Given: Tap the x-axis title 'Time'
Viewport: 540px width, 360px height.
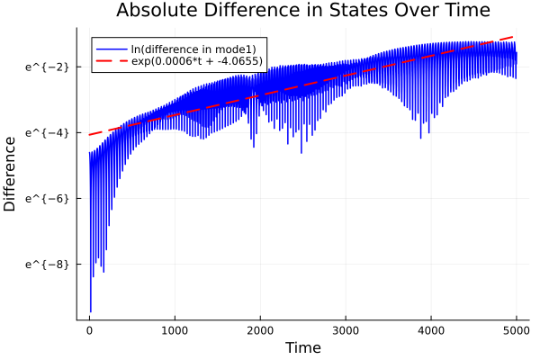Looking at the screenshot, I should pos(302,347).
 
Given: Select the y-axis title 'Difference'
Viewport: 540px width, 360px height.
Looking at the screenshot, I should pos(11,174).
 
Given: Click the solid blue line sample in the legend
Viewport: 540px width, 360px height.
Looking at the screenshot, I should pos(112,49).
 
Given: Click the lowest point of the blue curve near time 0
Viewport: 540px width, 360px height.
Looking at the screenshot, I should pos(90,311).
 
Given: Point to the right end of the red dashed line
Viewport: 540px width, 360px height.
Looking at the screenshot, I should pos(516,36).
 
